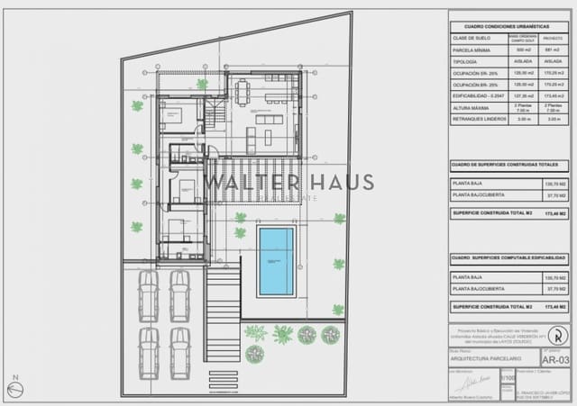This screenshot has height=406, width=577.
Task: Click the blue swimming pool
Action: pyautogui.click(x=276, y=261)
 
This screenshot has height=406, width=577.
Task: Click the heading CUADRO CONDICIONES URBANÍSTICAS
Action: pyautogui.click(x=508, y=28)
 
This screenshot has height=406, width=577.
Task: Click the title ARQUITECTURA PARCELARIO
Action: pyautogui.click(x=483, y=356)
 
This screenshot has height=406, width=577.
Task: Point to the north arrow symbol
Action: pyautogui.click(x=14, y=389)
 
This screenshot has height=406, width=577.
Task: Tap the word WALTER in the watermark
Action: pyautogui.click(x=238, y=182)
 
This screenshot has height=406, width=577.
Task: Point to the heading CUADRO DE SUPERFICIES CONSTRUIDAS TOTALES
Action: pyautogui.click(x=508, y=165)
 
